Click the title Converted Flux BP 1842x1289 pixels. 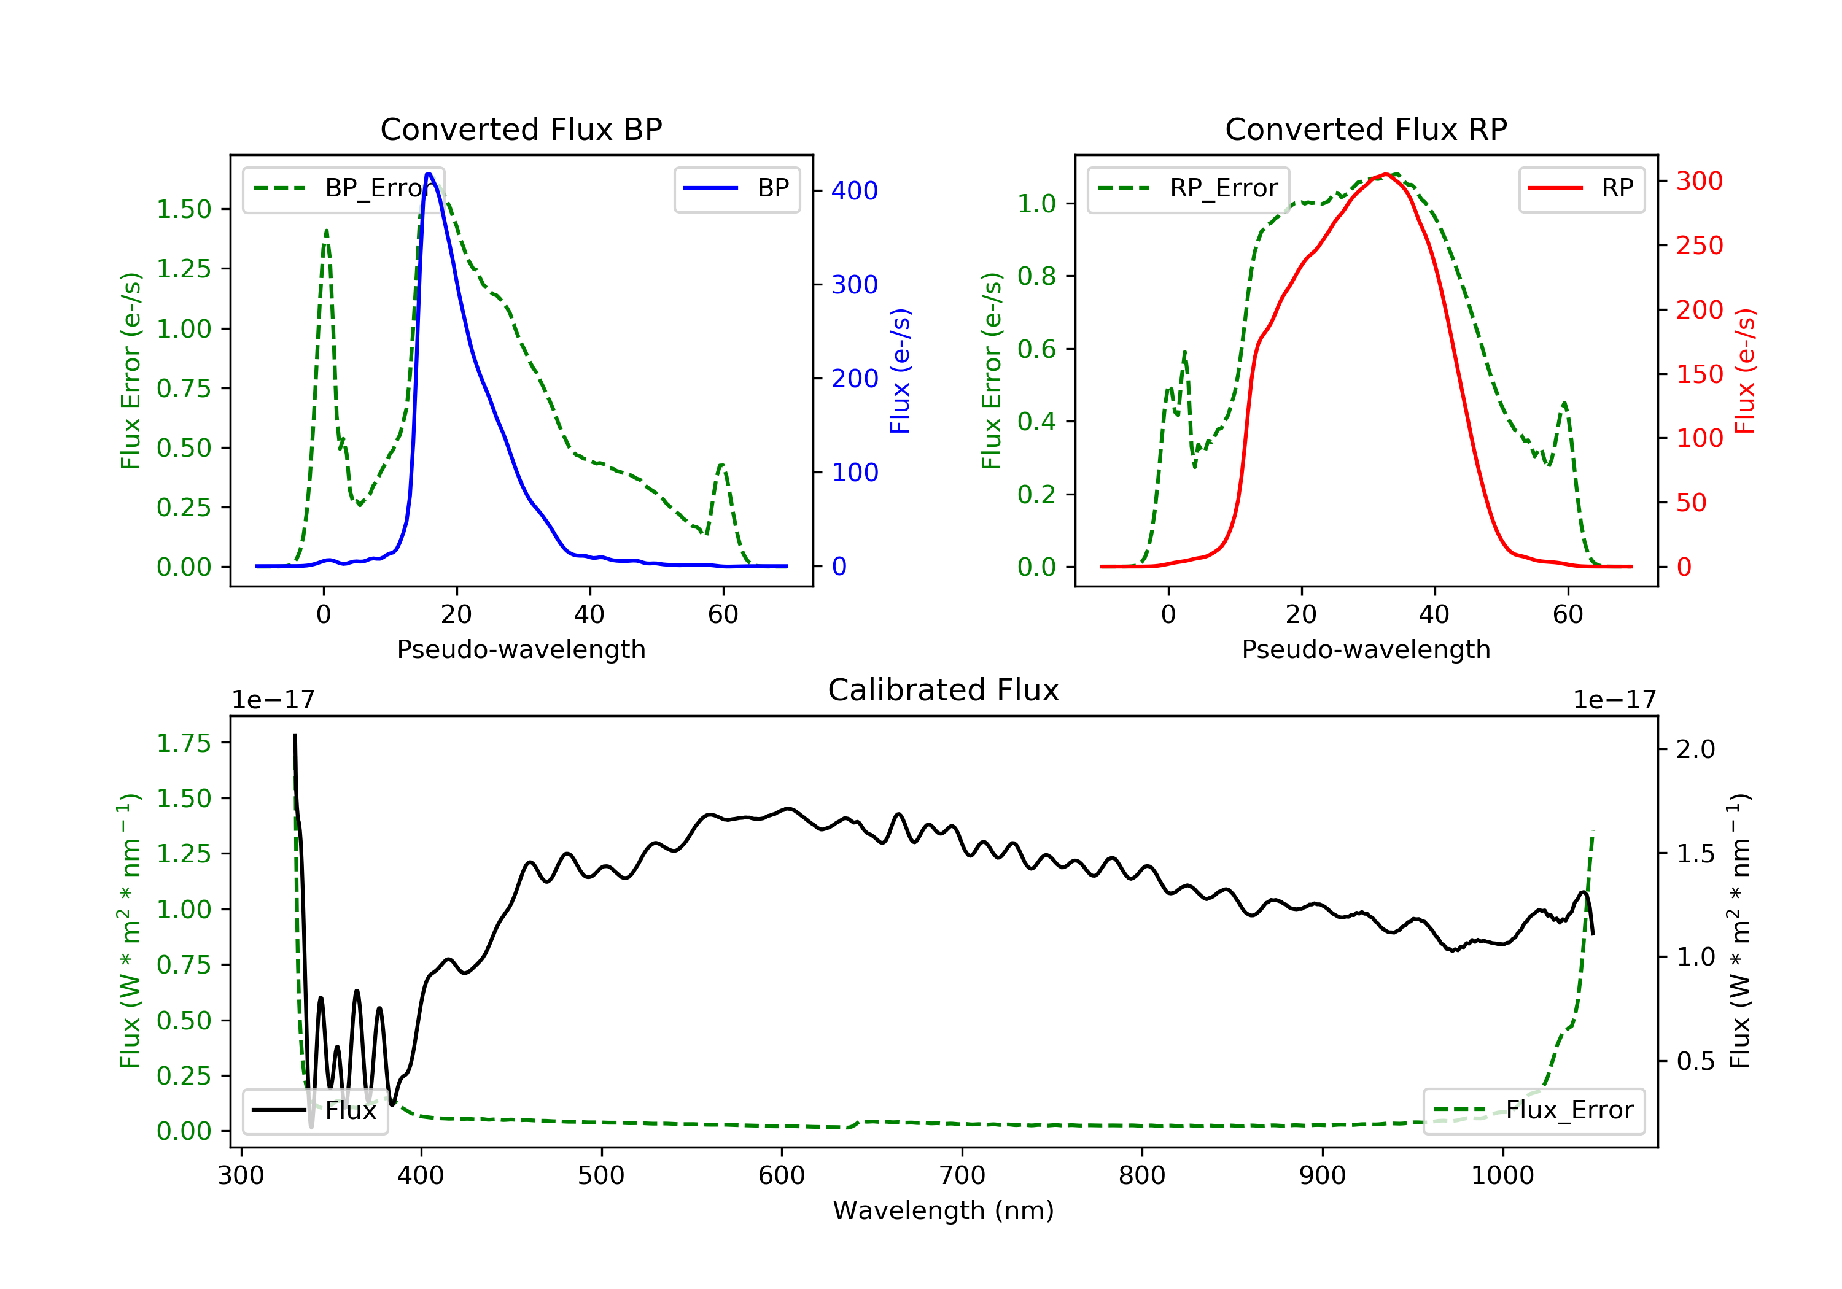point(521,129)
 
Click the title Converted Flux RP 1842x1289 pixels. point(1366,129)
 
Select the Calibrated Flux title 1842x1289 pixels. point(944,690)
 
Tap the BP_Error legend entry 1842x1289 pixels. point(343,188)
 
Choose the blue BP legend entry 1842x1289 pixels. point(736,188)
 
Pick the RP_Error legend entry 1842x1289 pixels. point(1188,188)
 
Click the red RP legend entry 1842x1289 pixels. point(1581,188)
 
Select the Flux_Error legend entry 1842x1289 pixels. point(1533,1110)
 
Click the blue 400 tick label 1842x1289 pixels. point(855,191)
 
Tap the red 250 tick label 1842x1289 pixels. point(1699,246)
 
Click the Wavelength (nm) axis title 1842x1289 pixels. point(944,1210)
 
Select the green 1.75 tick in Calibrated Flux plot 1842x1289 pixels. point(184,743)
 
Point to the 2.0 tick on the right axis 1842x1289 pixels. point(1696,749)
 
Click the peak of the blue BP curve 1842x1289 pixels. point(429,174)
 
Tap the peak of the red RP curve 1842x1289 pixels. point(1386,174)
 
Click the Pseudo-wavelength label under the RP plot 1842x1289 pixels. point(1366,649)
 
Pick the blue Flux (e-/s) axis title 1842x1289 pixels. point(900,371)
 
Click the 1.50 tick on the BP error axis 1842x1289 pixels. point(184,209)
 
